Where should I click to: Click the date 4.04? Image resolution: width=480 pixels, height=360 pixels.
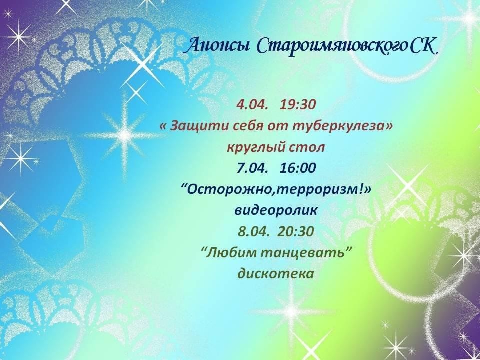point(252,105)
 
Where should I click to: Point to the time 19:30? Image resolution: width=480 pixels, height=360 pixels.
point(297,105)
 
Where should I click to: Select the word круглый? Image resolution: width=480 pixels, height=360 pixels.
point(251,148)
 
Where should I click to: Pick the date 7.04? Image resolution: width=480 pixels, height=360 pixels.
point(252,168)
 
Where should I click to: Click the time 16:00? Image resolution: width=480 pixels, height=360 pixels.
point(297,168)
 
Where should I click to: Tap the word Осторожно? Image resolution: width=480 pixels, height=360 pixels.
point(230,190)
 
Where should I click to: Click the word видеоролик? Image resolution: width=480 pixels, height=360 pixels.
point(276,211)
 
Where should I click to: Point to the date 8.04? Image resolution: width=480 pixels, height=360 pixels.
point(254,231)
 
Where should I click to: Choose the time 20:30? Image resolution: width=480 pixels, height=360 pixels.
point(296,231)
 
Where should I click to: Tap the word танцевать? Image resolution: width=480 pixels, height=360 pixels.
point(300,254)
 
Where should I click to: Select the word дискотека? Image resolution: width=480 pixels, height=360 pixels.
point(276,274)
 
